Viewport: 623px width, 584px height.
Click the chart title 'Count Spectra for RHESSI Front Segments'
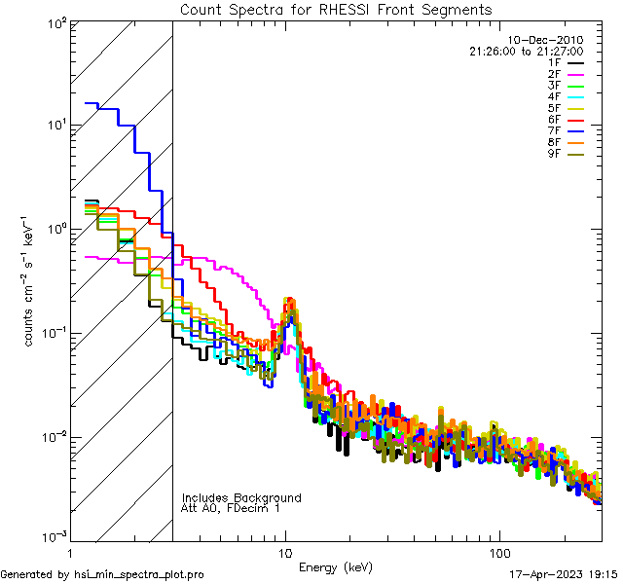[x=336, y=9]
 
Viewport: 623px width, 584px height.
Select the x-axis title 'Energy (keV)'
[x=335, y=566]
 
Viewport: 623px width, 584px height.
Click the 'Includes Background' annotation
[x=241, y=497]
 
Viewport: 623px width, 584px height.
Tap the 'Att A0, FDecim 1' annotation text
[x=231, y=508]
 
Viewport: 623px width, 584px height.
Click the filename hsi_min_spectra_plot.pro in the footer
[x=139, y=575]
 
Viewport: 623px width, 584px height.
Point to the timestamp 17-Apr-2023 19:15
[x=564, y=575]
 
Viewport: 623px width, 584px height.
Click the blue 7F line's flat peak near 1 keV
[x=92, y=103]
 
